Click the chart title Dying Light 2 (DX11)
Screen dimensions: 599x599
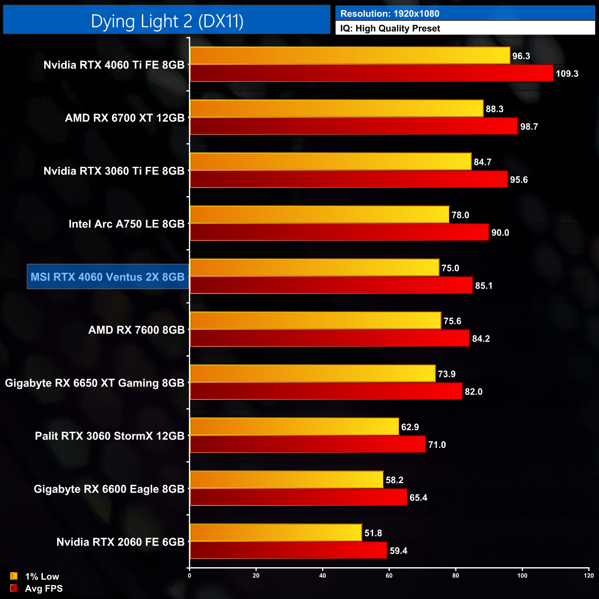pos(167,21)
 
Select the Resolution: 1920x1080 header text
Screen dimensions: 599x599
pos(389,13)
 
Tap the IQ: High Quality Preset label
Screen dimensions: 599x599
pos(390,28)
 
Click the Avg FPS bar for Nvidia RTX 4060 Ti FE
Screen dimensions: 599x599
pos(371,73)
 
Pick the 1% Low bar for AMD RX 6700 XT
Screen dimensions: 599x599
pos(336,108)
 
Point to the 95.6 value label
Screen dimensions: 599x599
pos(519,180)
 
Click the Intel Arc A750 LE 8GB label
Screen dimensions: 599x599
pos(126,224)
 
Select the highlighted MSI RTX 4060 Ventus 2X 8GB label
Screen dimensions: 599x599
pos(107,277)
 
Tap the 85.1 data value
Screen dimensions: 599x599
pos(484,286)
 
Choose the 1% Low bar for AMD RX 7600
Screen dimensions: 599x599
pos(315,320)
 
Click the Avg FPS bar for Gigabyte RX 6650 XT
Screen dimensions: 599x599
pos(326,391)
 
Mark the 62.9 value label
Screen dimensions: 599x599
pos(410,427)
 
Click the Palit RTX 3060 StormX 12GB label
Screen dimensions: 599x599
pos(110,436)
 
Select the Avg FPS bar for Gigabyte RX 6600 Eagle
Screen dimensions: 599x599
pos(299,497)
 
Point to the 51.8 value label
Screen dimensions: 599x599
pos(373,533)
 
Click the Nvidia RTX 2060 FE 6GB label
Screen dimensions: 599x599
pos(120,542)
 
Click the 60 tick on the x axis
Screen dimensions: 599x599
pos(389,576)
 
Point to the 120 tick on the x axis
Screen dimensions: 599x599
pos(588,576)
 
